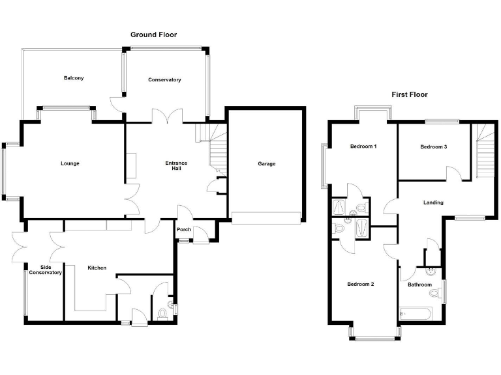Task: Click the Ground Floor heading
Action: pos(153,35)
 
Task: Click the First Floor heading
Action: pos(409,94)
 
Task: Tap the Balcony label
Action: pos(74,78)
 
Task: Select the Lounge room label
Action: pos(70,163)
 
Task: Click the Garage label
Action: pos(266,163)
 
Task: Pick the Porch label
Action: pos(183,229)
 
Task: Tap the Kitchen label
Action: pos(97,268)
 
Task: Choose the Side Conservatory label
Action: pos(46,270)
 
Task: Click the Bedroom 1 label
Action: pos(363,146)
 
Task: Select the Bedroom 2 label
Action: pos(360,284)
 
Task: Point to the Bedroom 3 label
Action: pos(433,147)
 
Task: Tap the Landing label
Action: pos(433,202)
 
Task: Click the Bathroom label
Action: pos(419,285)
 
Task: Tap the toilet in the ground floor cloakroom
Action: pos(163,312)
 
